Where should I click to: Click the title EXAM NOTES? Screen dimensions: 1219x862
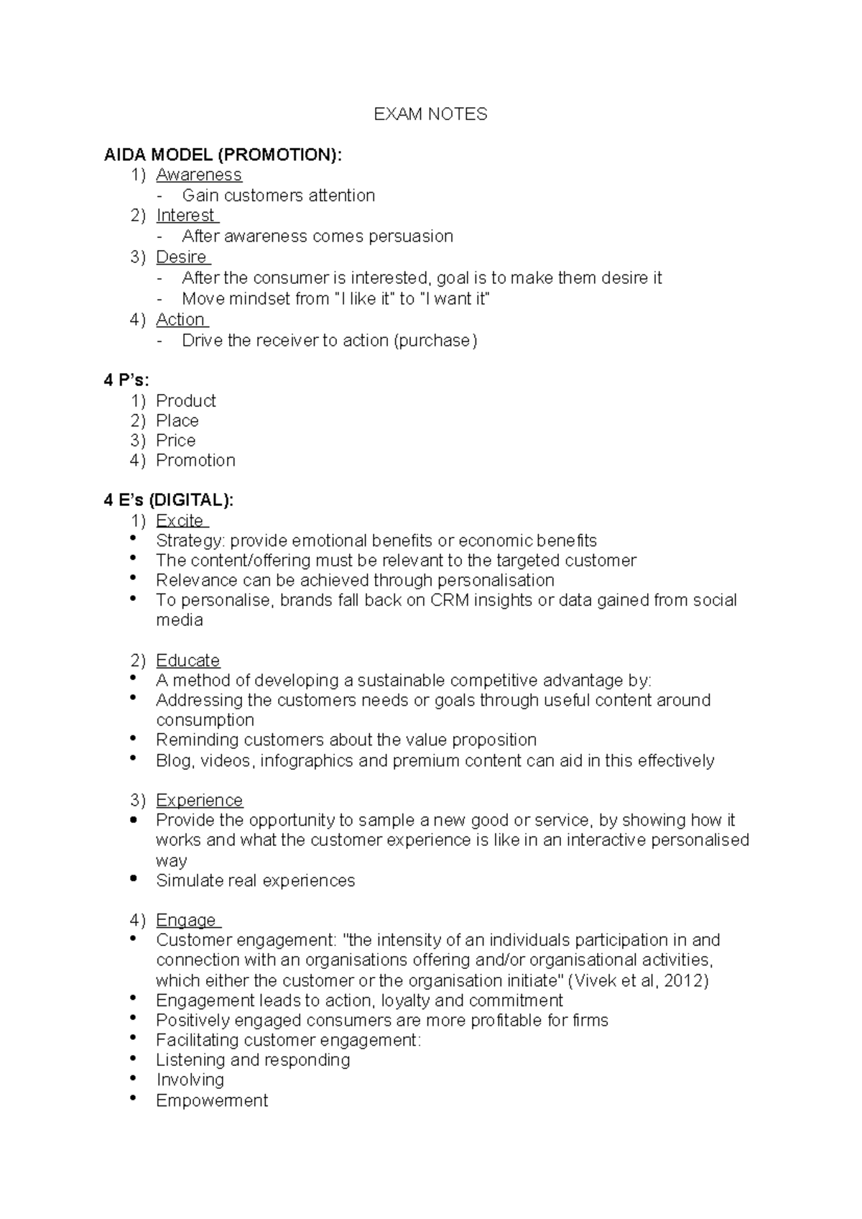tap(430, 114)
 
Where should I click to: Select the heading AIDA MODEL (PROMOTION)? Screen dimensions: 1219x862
tap(223, 155)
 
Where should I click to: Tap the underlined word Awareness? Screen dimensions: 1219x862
tap(199, 175)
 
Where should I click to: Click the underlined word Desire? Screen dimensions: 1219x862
tap(182, 257)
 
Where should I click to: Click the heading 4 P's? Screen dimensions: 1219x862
tap(126, 380)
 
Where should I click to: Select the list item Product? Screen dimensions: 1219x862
tap(185, 401)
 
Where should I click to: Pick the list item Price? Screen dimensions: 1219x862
tap(175, 441)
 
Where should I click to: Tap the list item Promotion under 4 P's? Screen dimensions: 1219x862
tap(195, 461)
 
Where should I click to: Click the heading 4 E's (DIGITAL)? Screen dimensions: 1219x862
tap(169, 500)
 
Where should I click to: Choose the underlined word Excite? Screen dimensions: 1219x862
tap(180, 520)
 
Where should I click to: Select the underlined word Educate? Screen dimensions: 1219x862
tap(187, 661)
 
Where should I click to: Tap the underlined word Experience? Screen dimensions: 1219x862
tap(199, 801)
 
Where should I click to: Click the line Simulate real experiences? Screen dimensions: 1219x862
tap(255, 880)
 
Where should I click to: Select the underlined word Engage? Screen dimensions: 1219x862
tap(186, 921)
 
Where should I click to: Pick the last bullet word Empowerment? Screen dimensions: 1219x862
tap(212, 1100)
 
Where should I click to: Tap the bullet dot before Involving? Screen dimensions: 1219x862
tap(134, 1079)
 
